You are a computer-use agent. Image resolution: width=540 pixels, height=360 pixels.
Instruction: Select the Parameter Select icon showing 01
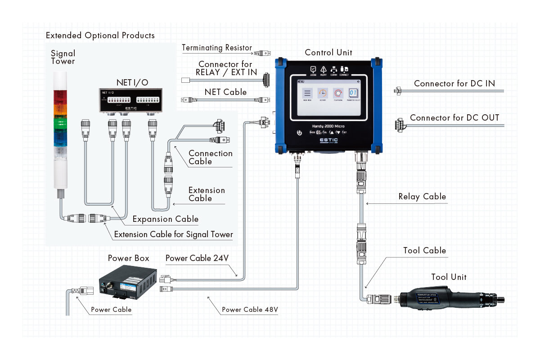pyautogui.click(x=353, y=94)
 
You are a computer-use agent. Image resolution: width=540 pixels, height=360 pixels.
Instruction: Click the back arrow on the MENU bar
pyautogui.click(x=358, y=81)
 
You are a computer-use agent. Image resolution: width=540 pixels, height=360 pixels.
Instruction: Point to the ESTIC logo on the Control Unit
pyautogui.click(x=328, y=140)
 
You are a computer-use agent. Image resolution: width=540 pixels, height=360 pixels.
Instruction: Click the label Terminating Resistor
pyautogui.click(x=217, y=48)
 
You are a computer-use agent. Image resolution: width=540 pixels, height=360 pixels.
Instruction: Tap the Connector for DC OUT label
pyautogui.click(x=454, y=118)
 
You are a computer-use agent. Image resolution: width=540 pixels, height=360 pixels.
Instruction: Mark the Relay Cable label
pyautogui.click(x=422, y=197)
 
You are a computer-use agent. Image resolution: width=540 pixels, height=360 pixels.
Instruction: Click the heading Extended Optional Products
pyautogui.click(x=100, y=36)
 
